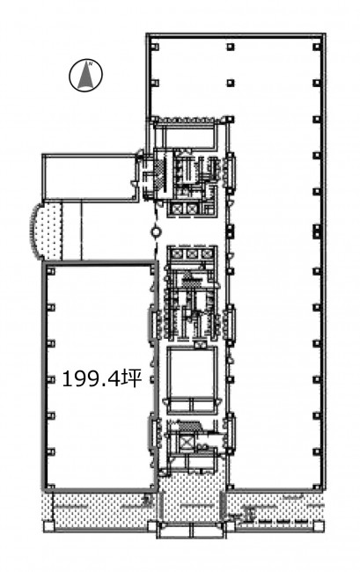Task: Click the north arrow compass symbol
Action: tap(85, 75)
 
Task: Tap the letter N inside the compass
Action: tap(92, 62)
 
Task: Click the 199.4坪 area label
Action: tap(102, 379)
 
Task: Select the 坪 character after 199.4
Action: tap(132, 378)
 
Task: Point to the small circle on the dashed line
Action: tap(156, 231)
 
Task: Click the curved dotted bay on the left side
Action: tap(46, 231)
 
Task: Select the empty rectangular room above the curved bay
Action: tap(88, 177)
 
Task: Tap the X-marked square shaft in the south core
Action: tap(187, 442)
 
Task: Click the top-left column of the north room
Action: tap(156, 47)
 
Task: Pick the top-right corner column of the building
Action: tap(317, 47)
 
